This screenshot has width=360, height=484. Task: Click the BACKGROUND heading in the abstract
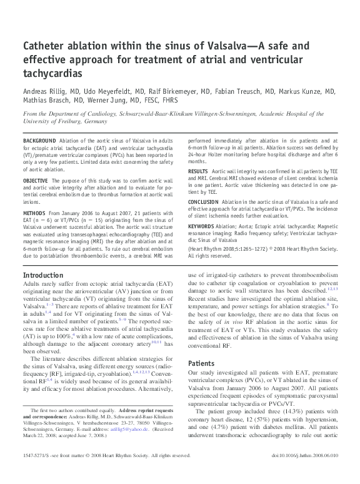coord(38,142)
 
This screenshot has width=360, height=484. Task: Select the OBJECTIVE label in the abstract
coord(36,180)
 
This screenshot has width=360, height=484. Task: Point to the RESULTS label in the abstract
coord(198,170)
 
